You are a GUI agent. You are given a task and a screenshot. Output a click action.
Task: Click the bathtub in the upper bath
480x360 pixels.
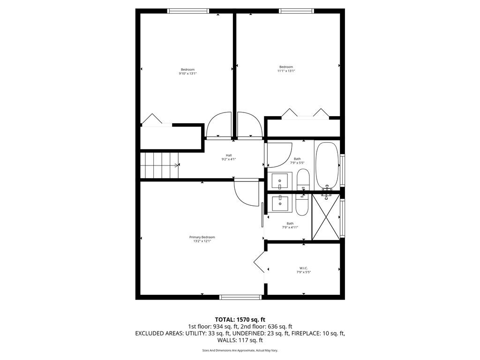click(x=327, y=165)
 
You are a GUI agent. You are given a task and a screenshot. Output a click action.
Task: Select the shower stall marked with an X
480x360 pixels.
click(x=326, y=217)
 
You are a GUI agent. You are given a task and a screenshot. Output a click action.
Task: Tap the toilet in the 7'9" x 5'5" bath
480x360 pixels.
click(x=303, y=180)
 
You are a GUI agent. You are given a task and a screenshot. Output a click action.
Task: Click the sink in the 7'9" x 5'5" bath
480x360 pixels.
click(x=281, y=180)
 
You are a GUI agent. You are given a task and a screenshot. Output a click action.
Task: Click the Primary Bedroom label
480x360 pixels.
click(x=202, y=237)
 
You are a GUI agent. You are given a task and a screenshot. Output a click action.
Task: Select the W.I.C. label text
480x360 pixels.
click(x=303, y=268)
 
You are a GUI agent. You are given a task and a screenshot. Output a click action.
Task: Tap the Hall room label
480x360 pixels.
click(x=229, y=155)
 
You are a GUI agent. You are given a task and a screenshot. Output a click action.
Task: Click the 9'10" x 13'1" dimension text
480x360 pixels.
click(x=187, y=74)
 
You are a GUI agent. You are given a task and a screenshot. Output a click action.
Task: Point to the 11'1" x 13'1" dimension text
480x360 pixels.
click(x=286, y=71)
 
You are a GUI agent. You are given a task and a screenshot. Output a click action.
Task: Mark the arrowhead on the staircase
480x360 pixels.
click(x=177, y=165)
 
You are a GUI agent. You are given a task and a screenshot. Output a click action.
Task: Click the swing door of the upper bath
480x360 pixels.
click(x=280, y=155)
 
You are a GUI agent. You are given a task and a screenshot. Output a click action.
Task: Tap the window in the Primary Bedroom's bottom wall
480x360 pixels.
click(x=241, y=297)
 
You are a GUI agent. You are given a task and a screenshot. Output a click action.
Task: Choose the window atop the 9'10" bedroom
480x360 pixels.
click(x=188, y=11)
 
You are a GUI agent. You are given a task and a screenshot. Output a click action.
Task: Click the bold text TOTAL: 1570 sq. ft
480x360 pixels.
click(x=240, y=319)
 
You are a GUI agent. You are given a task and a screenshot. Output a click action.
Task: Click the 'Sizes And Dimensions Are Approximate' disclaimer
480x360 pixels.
click(x=240, y=350)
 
